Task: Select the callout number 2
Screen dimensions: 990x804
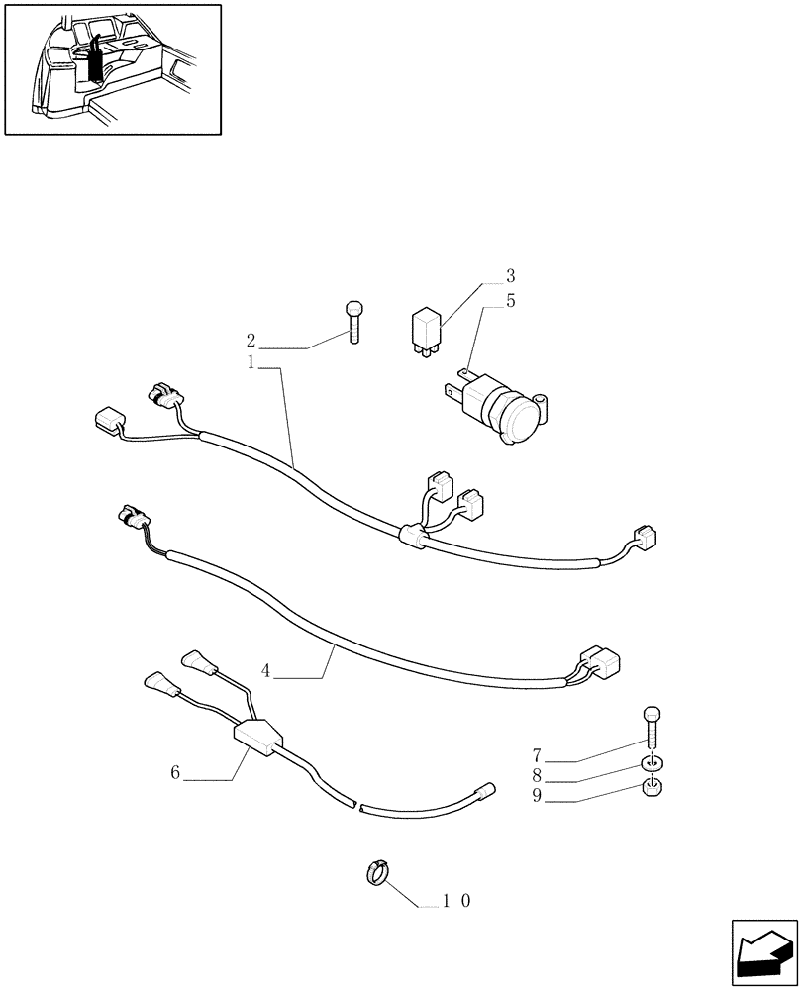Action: (251, 341)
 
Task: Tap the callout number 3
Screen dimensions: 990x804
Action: (511, 275)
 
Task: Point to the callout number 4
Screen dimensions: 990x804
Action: (266, 670)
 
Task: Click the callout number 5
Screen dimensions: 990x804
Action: (511, 301)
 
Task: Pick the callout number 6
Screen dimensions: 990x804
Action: (175, 773)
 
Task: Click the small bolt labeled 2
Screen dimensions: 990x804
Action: (354, 321)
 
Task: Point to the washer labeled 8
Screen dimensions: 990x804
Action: (651, 764)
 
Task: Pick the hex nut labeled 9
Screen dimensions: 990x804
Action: (652, 789)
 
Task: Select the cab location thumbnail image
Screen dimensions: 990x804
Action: (113, 68)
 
